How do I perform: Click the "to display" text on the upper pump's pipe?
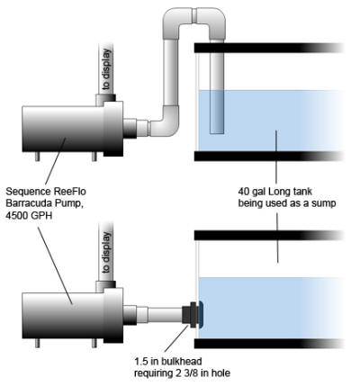(106, 69)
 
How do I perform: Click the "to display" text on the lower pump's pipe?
(106, 252)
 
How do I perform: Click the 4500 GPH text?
(29, 215)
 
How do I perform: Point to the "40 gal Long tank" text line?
(275, 191)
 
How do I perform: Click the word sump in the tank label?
(322, 203)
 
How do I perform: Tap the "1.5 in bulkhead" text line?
(167, 361)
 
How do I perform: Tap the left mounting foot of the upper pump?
(37, 157)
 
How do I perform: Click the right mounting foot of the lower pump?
(94, 343)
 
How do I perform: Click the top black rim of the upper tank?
(269, 48)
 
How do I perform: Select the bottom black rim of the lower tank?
(269, 344)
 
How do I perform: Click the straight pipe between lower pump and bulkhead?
(165, 315)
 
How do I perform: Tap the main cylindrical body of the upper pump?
(63, 129)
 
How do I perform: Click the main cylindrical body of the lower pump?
(63, 316)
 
